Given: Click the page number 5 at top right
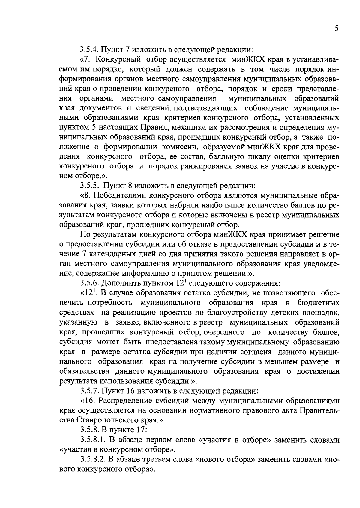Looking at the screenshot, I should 337,29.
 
